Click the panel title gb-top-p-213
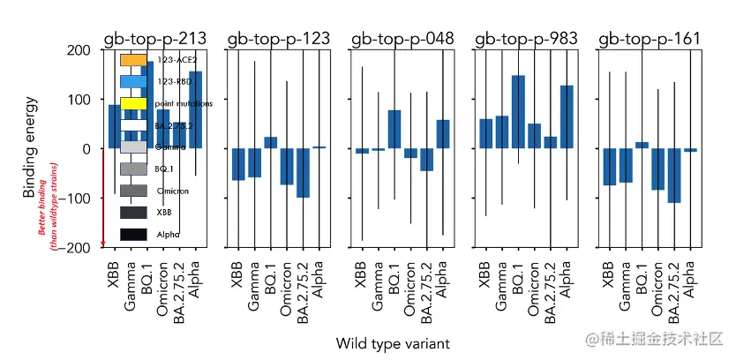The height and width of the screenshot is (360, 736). pyautogui.click(x=155, y=39)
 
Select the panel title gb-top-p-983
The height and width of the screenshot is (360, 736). pyautogui.click(x=527, y=39)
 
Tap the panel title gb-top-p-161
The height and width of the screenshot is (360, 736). pyautogui.click(x=650, y=39)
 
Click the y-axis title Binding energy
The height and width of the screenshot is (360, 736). pyautogui.click(x=30, y=148)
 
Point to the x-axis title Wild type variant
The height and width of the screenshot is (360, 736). pyautogui.click(x=393, y=341)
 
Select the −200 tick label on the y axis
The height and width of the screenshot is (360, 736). pyautogui.click(x=77, y=248)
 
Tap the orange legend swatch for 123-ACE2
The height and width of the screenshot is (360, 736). pyautogui.click(x=133, y=60)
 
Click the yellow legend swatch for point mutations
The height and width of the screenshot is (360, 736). pyautogui.click(x=133, y=103)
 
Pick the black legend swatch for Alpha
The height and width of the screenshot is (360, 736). pyautogui.click(x=133, y=235)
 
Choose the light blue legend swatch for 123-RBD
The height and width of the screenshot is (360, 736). pyautogui.click(x=133, y=81)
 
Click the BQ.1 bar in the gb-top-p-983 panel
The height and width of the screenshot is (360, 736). pyautogui.click(x=518, y=112)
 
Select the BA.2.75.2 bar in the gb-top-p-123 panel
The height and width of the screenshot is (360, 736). pyautogui.click(x=304, y=173)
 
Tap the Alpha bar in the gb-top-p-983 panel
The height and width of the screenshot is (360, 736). pyautogui.click(x=567, y=116)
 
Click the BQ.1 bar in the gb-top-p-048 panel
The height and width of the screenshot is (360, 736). pyautogui.click(x=394, y=129)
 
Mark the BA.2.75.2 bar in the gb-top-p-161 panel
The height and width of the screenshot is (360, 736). pyautogui.click(x=675, y=176)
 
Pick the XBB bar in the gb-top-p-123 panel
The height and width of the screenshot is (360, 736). pyautogui.click(x=238, y=164)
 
